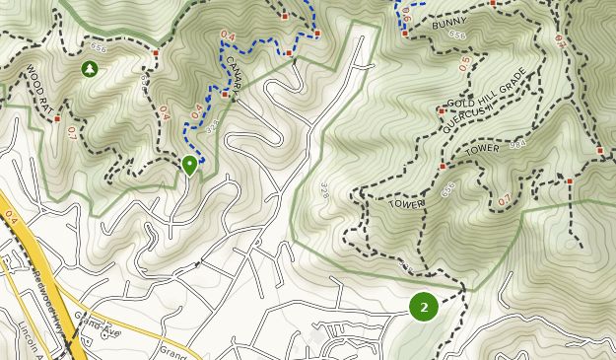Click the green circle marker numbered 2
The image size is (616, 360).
[424, 307]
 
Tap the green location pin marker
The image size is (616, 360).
[189, 165]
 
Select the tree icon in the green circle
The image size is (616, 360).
[90, 69]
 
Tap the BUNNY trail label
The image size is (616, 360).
[448, 21]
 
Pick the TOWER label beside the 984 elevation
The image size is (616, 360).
[484, 150]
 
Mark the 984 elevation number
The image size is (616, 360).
[517, 143]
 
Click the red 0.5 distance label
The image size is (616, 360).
[465, 63]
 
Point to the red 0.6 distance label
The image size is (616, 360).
[403, 14]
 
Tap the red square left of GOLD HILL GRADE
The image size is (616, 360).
[441, 110]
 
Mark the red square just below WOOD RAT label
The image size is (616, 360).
[58, 118]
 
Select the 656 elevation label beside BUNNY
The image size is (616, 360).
[457, 35]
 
